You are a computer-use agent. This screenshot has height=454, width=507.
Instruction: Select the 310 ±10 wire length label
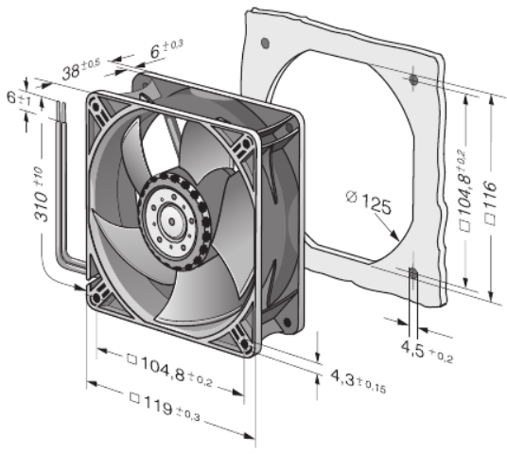(42, 194)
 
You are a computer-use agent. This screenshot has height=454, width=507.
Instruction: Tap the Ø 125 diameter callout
(369, 202)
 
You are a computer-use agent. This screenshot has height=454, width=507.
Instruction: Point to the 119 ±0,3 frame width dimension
(165, 406)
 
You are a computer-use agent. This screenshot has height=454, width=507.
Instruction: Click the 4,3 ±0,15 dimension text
(358, 381)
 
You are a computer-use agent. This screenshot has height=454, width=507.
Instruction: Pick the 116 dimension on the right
(491, 203)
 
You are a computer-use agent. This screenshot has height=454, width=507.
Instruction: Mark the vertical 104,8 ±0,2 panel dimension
(465, 190)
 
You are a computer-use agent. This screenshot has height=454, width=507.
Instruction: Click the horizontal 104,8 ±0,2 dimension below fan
(169, 371)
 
